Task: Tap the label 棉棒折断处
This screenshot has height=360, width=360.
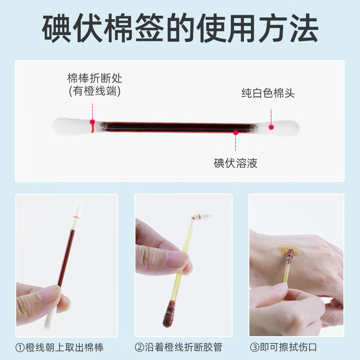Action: tap(95, 78)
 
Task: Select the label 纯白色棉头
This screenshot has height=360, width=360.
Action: tap(268, 93)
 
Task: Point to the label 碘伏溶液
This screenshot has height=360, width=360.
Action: tap(235, 163)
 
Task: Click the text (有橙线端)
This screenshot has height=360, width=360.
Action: tap(95, 91)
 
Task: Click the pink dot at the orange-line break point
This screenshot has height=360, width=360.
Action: tap(92, 121)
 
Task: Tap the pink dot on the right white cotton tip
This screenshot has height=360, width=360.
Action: tap(271, 126)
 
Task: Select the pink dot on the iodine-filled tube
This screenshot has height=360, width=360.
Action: tap(235, 132)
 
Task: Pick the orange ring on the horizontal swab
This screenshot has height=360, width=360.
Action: tap(92, 128)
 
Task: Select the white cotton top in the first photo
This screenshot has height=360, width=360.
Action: tap(77, 210)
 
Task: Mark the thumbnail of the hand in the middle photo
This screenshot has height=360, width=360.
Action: tap(176, 258)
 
